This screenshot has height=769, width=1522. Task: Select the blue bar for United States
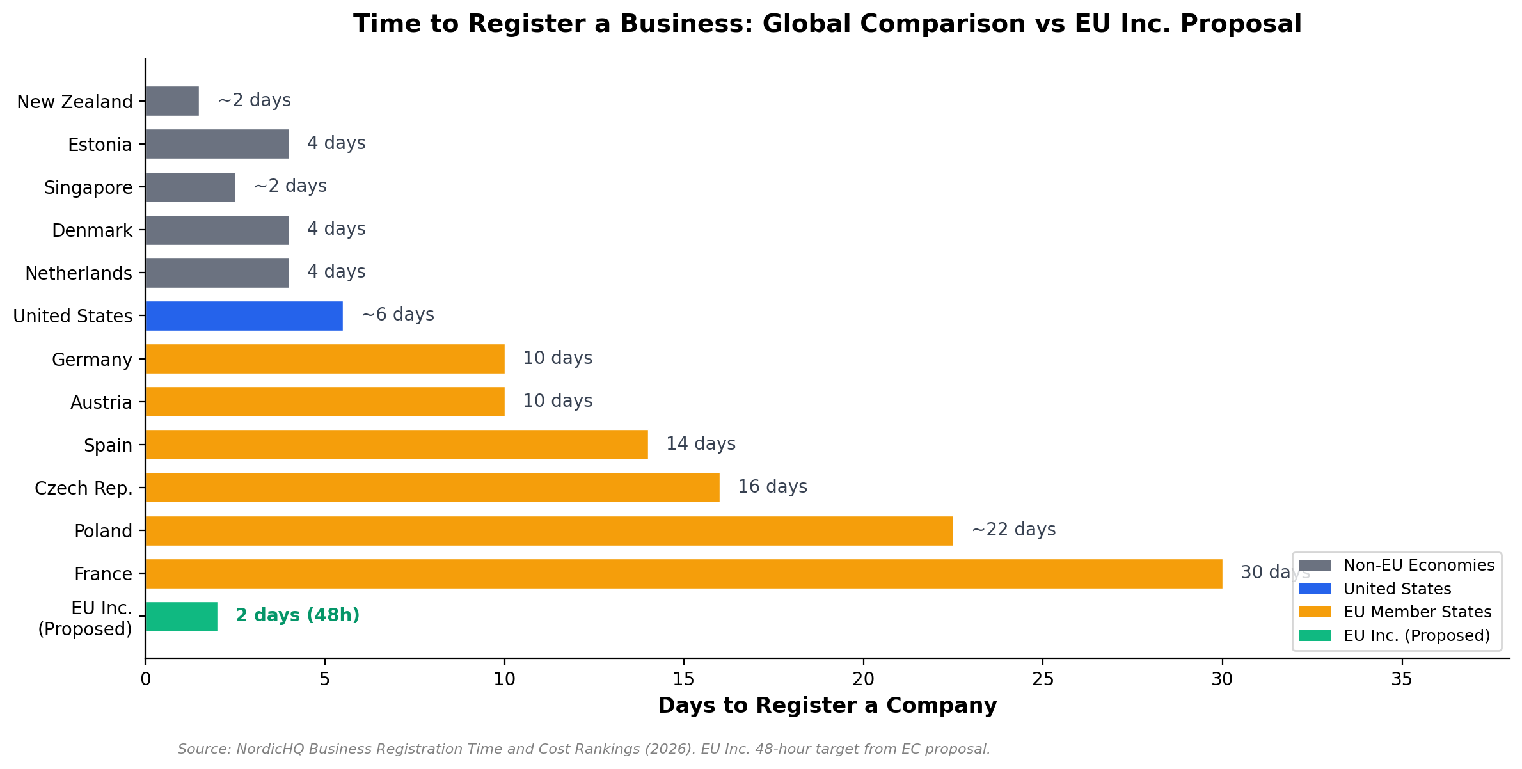pyautogui.click(x=244, y=316)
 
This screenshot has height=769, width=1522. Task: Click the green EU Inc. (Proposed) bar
pyautogui.click(x=181, y=617)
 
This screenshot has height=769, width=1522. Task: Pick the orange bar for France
pyautogui.click(x=683, y=574)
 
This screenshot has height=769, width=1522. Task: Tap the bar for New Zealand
pyautogui.click(x=171, y=101)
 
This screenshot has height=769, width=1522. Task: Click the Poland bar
pyautogui.click(x=549, y=531)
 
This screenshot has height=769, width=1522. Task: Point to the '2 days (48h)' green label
pyautogui.click(x=297, y=615)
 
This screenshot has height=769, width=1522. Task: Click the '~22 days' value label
pyautogui.click(x=1013, y=530)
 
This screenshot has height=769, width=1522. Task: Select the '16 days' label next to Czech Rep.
pyautogui.click(x=772, y=487)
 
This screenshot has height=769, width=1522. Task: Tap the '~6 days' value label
pyautogui.click(x=397, y=315)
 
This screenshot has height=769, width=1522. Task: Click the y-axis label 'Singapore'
pyautogui.click(x=88, y=188)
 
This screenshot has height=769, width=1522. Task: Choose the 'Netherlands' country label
pyautogui.click(x=79, y=274)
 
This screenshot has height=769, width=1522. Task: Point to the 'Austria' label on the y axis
pyautogui.click(x=101, y=402)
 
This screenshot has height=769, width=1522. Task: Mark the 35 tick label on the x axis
pyautogui.click(x=1402, y=679)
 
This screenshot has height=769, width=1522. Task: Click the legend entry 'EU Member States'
pyautogui.click(x=1417, y=612)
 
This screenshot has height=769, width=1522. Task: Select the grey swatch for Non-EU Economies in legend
pyautogui.click(x=1314, y=566)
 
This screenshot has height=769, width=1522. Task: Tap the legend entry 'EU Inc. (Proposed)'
pyautogui.click(x=1416, y=636)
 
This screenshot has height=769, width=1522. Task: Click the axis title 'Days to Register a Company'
pyautogui.click(x=827, y=706)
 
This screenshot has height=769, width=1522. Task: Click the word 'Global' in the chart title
pyautogui.click(x=808, y=24)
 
